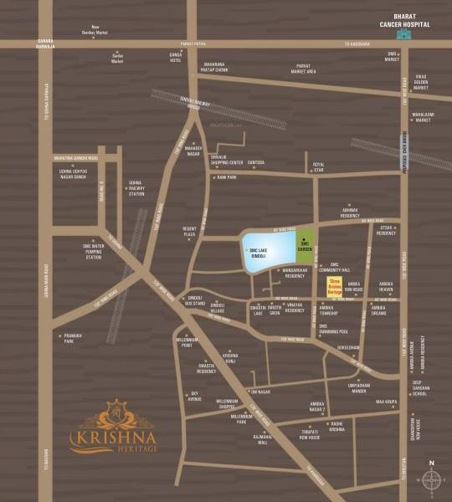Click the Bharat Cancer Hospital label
coord(403,21)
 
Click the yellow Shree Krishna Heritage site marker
coord(333,286)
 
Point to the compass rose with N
coord(431,478)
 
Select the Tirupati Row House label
coord(309,434)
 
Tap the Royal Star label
coord(318,165)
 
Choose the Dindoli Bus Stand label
coord(196,300)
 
